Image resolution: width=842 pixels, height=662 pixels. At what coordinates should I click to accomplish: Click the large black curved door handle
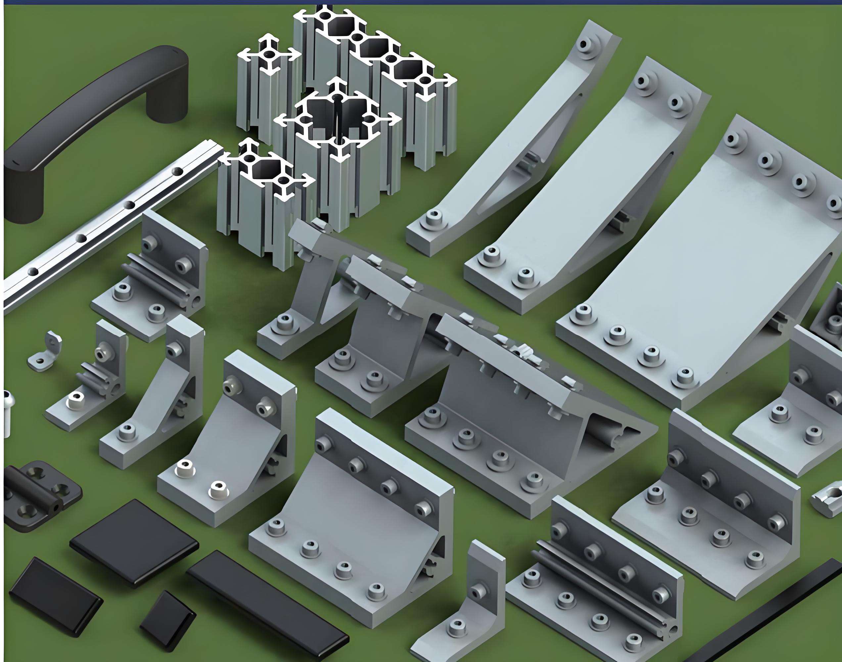click(97, 113)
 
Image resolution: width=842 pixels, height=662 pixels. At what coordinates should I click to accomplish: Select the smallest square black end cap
click(168, 617)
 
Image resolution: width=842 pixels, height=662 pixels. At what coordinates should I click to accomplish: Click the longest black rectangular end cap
click(267, 605)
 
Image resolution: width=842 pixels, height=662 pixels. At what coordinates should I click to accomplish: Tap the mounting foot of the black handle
click(23, 198)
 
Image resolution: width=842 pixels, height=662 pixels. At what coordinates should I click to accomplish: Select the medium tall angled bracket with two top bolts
click(589, 194)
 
